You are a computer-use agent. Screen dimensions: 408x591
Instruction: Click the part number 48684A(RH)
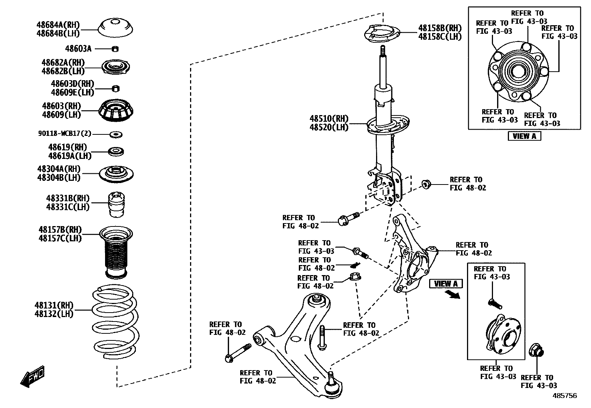[x=58, y=25]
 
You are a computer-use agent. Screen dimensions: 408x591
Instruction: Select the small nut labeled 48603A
[x=115, y=49]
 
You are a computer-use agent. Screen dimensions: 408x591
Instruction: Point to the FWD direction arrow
[x=32, y=376]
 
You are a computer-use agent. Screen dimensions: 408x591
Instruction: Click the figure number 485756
[x=565, y=396]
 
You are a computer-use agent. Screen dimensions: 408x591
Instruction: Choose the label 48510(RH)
[x=329, y=119]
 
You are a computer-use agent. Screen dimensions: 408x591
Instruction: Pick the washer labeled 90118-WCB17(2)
[x=116, y=134]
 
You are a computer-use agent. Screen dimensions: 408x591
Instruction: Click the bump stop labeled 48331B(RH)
[x=116, y=205]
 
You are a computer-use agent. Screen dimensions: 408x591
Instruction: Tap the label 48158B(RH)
[x=440, y=28]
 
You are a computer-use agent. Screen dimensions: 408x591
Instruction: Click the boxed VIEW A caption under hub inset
[x=524, y=136]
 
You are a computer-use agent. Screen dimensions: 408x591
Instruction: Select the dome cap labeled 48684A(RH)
[x=115, y=28]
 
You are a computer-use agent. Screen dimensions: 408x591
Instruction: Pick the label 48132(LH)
[x=54, y=314]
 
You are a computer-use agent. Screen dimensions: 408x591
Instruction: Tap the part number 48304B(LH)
[x=59, y=177]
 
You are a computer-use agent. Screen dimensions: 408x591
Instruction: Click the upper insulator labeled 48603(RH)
[x=116, y=111]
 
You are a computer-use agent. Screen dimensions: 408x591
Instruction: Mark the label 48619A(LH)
[x=70, y=156]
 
